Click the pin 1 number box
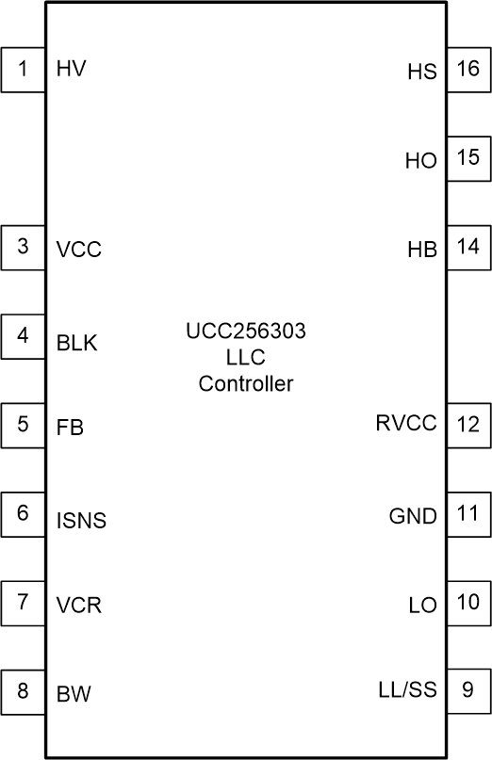23,70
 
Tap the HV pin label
72,69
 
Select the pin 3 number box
23,248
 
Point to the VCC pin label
78,251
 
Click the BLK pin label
77,343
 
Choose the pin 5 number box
23,425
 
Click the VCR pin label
78,606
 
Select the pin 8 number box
23,691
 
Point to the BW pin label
74,696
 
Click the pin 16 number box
468,70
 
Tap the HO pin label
421,161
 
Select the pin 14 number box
468,248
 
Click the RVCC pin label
406,424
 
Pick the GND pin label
413,516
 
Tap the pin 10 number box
468,603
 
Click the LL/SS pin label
402,690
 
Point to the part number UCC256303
245,331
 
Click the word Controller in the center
245,384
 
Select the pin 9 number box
468,691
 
